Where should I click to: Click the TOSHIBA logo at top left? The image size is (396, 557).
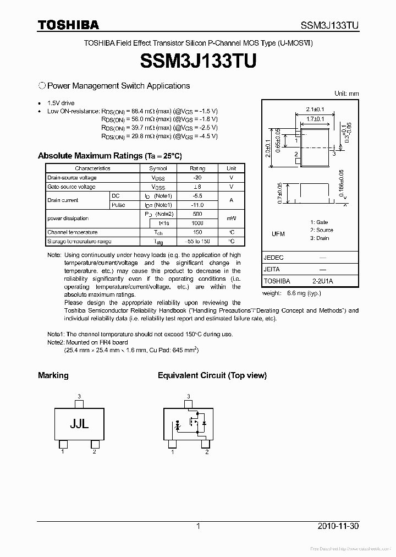68,25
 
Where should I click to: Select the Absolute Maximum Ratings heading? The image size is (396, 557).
109,156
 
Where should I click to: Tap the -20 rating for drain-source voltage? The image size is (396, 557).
197,178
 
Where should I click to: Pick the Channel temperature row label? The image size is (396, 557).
73,232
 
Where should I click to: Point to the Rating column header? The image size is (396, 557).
197,168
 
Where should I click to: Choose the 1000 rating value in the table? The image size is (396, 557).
197,223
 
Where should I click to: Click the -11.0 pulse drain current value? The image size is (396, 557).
197,205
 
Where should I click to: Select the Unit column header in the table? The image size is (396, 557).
232,168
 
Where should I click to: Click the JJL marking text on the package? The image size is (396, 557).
79,424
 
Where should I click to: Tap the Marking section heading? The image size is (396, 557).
53,375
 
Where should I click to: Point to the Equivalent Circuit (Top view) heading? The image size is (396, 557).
212,375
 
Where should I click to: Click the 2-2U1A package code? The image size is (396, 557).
322,281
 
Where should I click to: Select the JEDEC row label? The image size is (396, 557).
273,258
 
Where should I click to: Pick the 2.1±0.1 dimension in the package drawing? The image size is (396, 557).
315,109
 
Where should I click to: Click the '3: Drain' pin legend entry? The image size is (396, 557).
320,238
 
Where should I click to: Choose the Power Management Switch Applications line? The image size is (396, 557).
118,86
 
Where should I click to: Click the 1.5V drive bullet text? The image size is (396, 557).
61,103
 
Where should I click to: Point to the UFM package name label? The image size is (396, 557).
278,234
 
